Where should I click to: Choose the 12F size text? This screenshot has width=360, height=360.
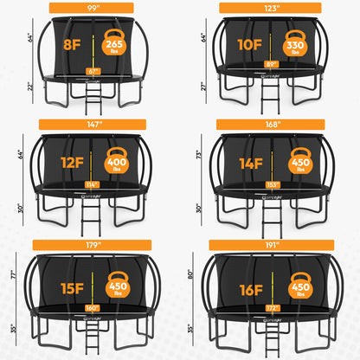(67, 163)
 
